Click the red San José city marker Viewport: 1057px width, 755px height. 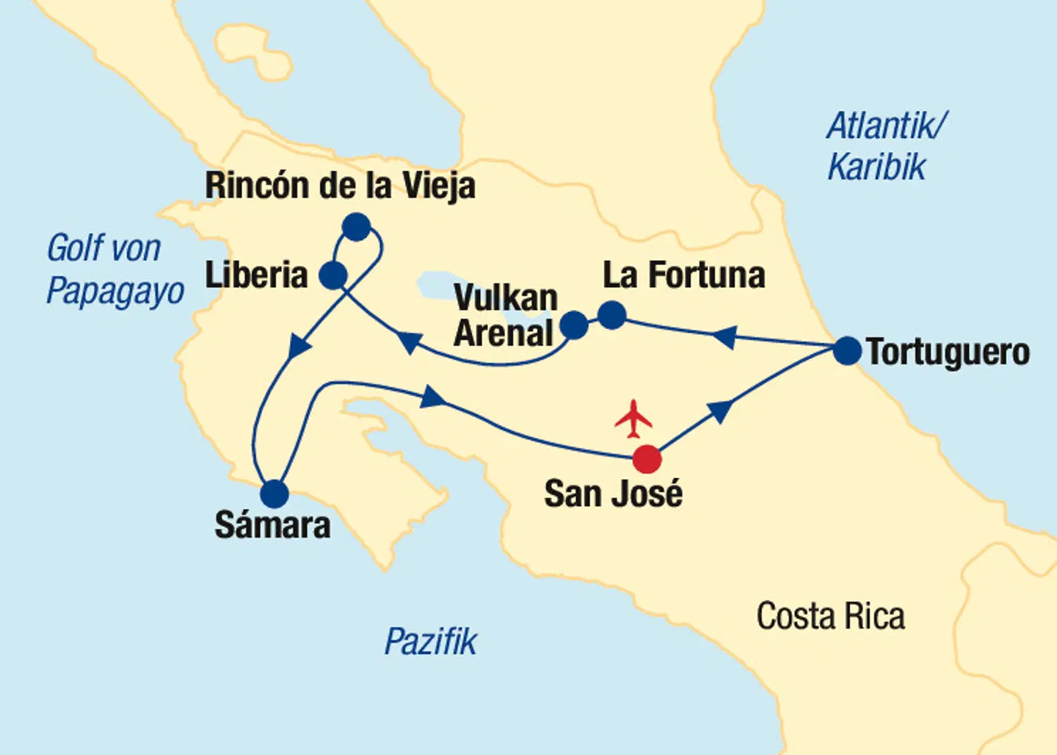pos(647,459)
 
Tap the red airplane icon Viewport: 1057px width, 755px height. pos(633,419)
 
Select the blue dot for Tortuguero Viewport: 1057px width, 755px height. pos(847,351)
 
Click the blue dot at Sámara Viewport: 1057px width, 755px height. pos(275,494)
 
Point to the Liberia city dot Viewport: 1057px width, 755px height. pos(333,276)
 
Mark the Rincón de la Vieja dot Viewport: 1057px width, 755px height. pos(356,227)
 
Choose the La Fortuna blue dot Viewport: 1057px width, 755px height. pos(611,316)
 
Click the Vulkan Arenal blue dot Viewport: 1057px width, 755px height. pos(573,325)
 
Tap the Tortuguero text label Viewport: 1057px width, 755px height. pos(948,353)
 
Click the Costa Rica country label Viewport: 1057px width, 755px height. pos(830,616)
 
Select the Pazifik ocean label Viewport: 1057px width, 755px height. pos(431,642)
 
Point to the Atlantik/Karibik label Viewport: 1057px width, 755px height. pos(885,146)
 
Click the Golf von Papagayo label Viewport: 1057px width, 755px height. pos(114,270)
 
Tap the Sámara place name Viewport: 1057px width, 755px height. pos(272,526)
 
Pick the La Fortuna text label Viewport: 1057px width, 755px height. pos(683,275)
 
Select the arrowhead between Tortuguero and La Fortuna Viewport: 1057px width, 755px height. pos(724,336)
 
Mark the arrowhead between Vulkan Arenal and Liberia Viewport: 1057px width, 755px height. pos(410,342)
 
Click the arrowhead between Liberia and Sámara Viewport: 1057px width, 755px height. pos(299,346)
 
